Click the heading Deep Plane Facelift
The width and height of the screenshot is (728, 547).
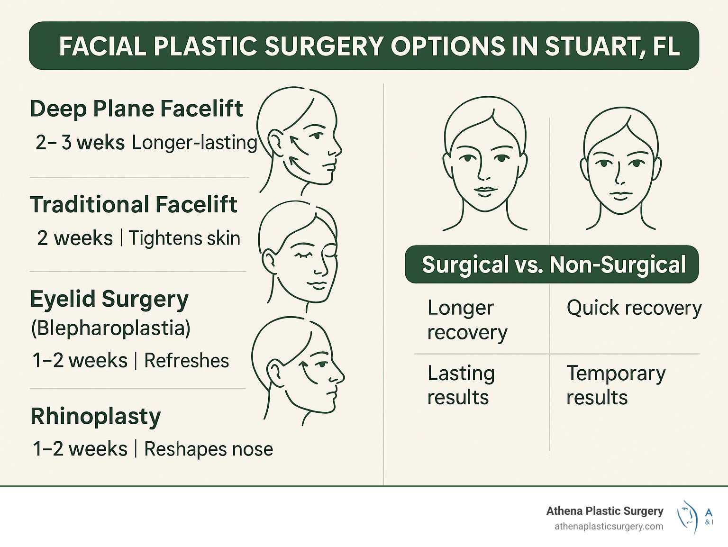136,109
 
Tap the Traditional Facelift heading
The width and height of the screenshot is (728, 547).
134,205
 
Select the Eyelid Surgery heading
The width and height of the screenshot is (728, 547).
109,299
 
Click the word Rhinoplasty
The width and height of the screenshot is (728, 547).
96,417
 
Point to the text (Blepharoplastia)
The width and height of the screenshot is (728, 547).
111,328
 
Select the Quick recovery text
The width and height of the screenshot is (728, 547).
634,308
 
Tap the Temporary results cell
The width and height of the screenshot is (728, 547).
616,385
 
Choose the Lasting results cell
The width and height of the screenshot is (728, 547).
461,385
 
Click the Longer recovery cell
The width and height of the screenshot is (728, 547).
467,320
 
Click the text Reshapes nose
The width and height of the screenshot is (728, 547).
209,449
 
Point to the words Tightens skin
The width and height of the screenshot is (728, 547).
184,238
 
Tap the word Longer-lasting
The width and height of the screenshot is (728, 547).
194,142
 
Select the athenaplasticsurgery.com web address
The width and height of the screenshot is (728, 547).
609,527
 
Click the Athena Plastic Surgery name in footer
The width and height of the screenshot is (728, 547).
604,511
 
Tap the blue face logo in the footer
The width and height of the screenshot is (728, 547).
688,517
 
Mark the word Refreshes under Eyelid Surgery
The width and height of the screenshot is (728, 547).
186,361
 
